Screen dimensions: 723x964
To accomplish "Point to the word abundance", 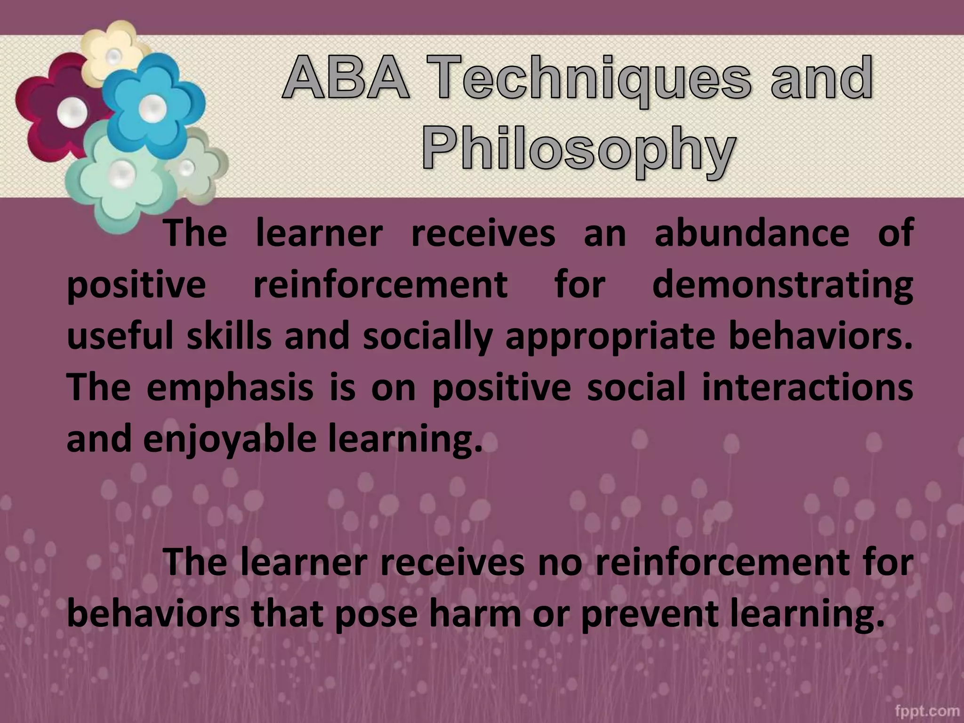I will coord(752,233).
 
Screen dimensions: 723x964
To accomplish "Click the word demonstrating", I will coord(782,286).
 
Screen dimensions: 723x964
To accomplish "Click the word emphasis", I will coord(230,388).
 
